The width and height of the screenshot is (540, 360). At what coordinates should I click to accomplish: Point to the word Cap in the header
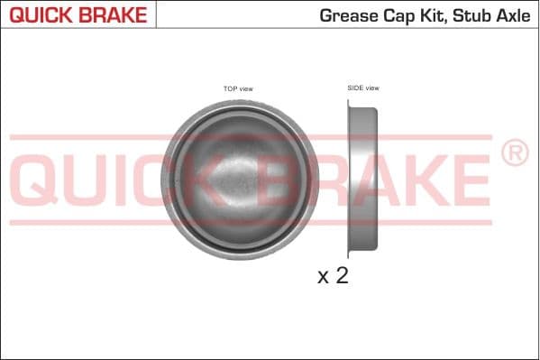pyautogui.click(x=398, y=15)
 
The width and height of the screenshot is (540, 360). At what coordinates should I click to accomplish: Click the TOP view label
pyautogui.click(x=238, y=88)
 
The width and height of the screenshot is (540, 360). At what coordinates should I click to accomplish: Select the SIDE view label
pyautogui.click(x=363, y=88)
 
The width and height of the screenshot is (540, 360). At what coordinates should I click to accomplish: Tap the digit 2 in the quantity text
pyautogui.click(x=342, y=276)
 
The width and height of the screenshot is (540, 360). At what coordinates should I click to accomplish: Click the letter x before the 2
pyautogui.click(x=324, y=278)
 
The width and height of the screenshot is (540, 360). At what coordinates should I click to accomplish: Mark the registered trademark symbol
pyautogui.click(x=514, y=154)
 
